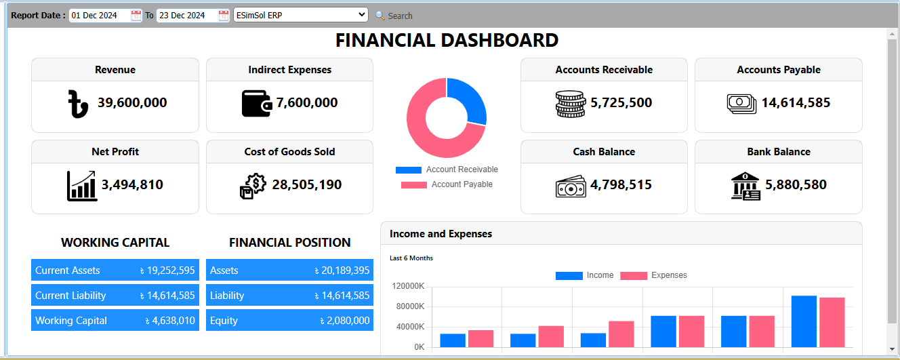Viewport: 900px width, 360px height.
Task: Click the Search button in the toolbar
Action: click(x=394, y=16)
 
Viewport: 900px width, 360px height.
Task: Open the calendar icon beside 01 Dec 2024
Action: click(x=136, y=16)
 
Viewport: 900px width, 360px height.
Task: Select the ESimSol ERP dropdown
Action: click(x=300, y=15)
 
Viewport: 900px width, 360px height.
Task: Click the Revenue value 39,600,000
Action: click(x=132, y=103)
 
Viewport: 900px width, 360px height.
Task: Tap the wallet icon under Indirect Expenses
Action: click(x=258, y=103)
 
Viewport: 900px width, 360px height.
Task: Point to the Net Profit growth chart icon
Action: click(x=82, y=185)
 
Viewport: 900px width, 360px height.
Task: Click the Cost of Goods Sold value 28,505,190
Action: click(x=306, y=185)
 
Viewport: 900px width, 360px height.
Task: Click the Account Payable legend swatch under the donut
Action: click(x=413, y=185)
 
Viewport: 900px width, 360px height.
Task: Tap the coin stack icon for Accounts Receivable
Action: click(x=570, y=104)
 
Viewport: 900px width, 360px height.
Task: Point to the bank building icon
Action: click(x=745, y=186)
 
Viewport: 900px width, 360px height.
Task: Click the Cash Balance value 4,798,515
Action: click(x=621, y=185)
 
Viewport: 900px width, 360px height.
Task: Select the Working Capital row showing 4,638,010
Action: click(x=115, y=321)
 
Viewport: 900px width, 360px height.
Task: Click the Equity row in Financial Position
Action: click(x=289, y=321)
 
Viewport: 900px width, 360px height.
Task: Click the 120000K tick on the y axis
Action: click(x=408, y=286)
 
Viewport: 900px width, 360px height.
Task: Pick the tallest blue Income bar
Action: click(x=804, y=321)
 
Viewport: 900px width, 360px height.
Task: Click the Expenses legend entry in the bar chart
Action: click(x=654, y=275)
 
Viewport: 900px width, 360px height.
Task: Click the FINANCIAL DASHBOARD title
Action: click(x=447, y=41)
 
